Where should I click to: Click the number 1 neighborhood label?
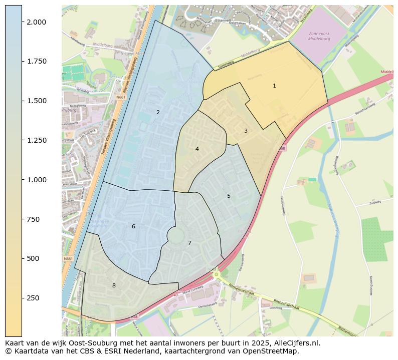274,86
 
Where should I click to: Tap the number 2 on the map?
158,113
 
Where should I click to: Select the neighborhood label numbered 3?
246,131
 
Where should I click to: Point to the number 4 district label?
197,149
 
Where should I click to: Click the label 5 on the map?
229,196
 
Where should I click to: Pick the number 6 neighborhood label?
133,227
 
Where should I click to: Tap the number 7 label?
189,243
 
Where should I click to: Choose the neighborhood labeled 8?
114,286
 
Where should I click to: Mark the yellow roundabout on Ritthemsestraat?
216,274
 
